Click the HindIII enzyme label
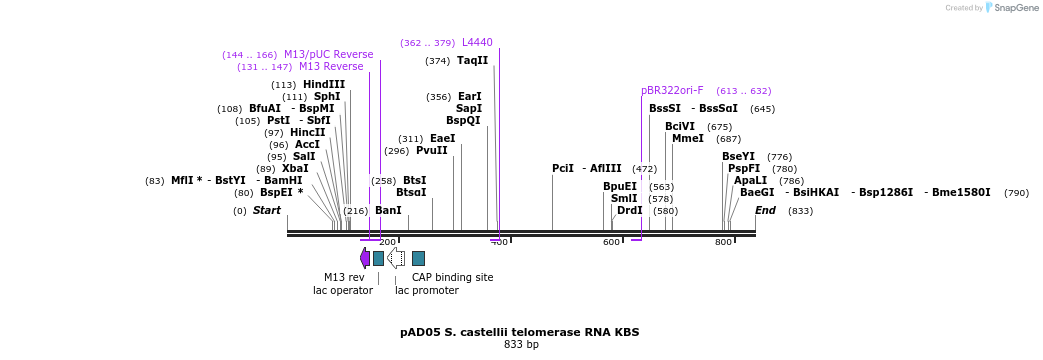pos(324,85)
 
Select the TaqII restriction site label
pos(472,61)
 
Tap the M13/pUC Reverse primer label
pos(328,55)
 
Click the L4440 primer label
pos(477,43)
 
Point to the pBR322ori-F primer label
pos(672,91)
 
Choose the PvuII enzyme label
pos(431,151)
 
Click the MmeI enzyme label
pos(687,139)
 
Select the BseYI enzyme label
pos(738,157)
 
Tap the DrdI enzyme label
pos(630,211)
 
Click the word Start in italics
pos(266,211)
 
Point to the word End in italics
pos(765,211)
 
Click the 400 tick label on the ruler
pos(499,242)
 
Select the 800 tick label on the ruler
pos(723,242)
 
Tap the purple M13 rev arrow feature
pos(365,258)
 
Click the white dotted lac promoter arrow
pos(396,258)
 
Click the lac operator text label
pos(342,291)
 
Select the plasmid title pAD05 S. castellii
pos(519,332)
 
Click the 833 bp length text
pos(521,345)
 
